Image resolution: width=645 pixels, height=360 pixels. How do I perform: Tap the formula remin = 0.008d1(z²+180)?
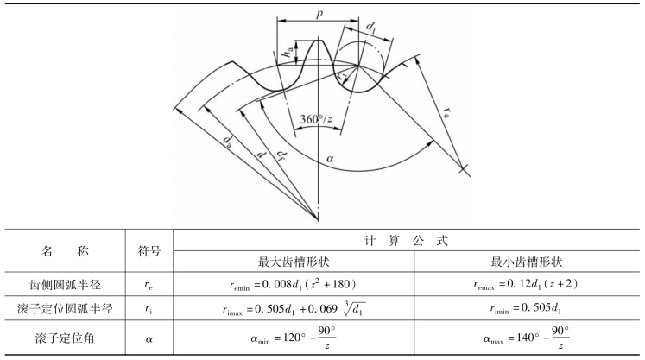pyautogui.click(x=307, y=282)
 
